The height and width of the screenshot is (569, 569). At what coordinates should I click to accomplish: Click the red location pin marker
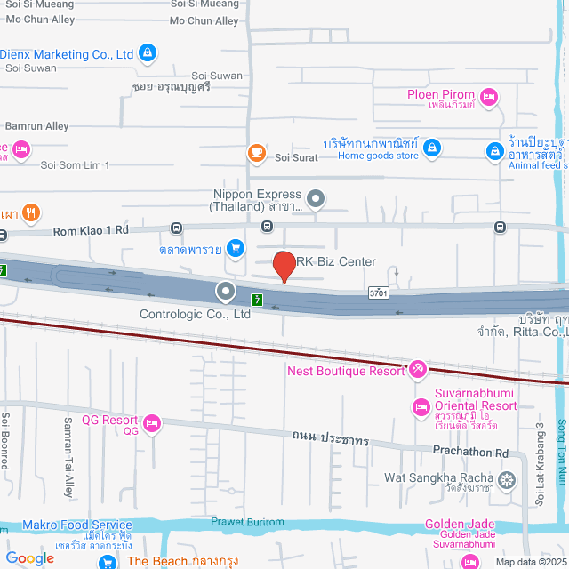pyautogui.click(x=284, y=267)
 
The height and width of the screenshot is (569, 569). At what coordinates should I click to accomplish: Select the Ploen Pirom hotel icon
pyautogui.click(x=489, y=96)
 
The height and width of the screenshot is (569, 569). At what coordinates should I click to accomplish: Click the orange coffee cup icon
pyautogui.click(x=257, y=154)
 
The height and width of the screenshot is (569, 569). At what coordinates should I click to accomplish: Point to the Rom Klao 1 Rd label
pyautogui.click(x=92, y=230)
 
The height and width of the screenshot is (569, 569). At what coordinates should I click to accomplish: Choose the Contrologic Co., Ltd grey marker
pyautogui.click(x=226, y=291)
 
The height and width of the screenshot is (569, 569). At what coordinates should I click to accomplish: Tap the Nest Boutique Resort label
pyautogui.click(x=345, y=371)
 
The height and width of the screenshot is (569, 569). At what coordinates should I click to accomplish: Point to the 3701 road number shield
pyautogui.click(x=379, y=293)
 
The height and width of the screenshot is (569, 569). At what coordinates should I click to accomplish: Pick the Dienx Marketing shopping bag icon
pyautogui.click(x=148, y=54)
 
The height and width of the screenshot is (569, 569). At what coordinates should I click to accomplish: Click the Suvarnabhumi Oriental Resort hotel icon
pyautogui.click(x=421, y=407)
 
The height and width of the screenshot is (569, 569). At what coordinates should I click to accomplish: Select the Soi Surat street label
pyautogui.click(x=296, y=158)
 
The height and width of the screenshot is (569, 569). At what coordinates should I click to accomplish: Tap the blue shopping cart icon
pyautogui.click(x=236, y=247)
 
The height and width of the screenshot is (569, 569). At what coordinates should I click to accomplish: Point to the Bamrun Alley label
pyautogui.click(x=36, y=127)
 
